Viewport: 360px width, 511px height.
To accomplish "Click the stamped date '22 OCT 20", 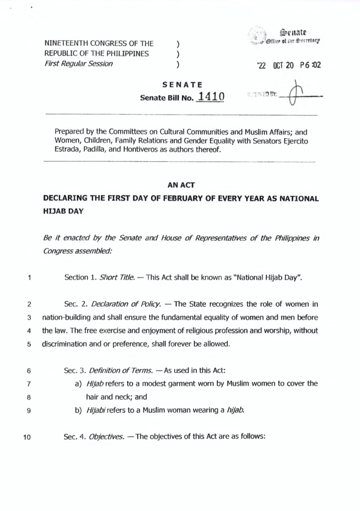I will (x=274, y=65).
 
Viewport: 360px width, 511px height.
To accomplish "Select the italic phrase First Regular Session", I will (x=78, y=63).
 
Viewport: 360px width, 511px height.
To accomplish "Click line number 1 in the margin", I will (x=30, y=278).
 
